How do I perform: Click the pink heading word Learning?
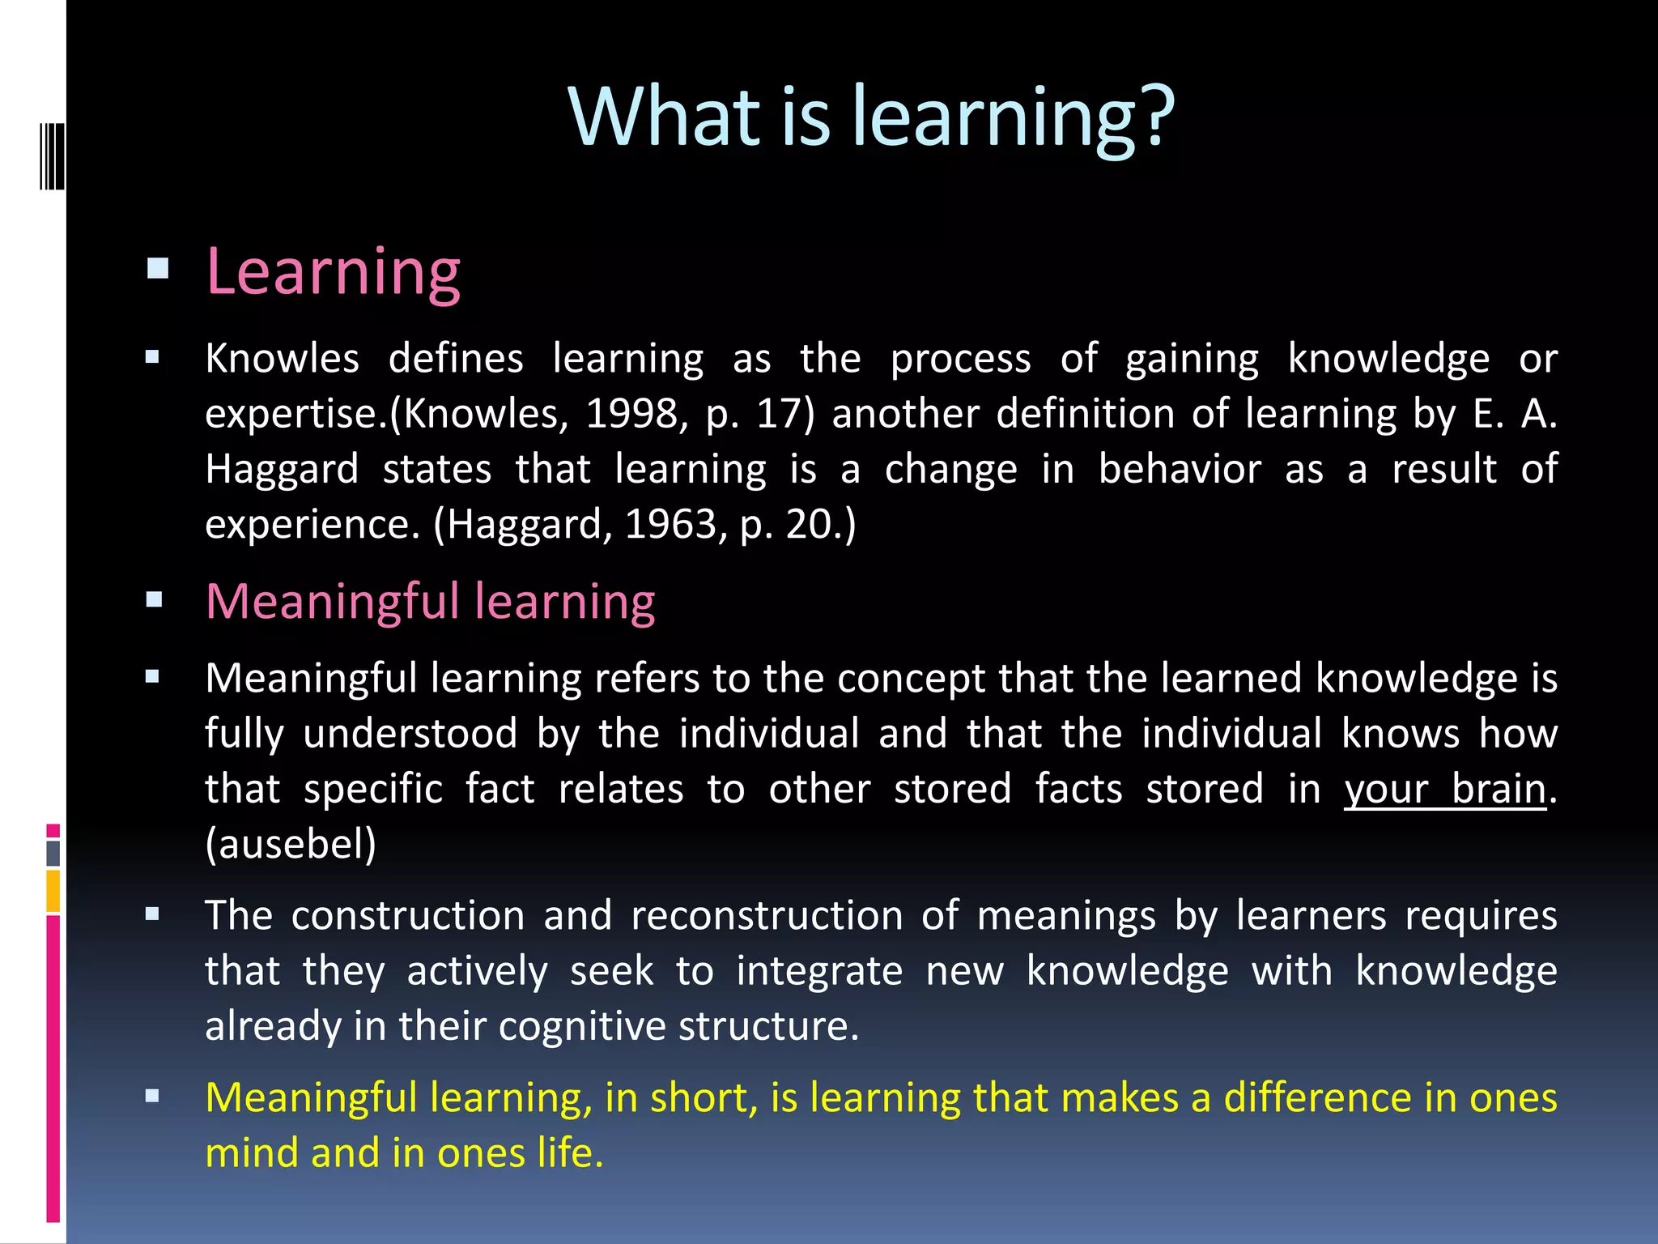pyautogui.click(x=333, y=272)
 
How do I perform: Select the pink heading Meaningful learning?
pyautogui.click(x=430, y=603)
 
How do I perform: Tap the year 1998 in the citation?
pyautogui.click(x=631, y=415)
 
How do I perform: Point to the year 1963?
pyautogui.click(x=670, y=525)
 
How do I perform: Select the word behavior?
pyautogui.click(x=1180, y=470)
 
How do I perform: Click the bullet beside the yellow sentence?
pyautogui.click(x=152, y=1097)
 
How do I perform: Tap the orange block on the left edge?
pyautogui.click(x=53, y=891)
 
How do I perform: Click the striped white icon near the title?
pyautogui.click(x=53, y=155)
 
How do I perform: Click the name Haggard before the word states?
pyautogui.click(x=282, y=470)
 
